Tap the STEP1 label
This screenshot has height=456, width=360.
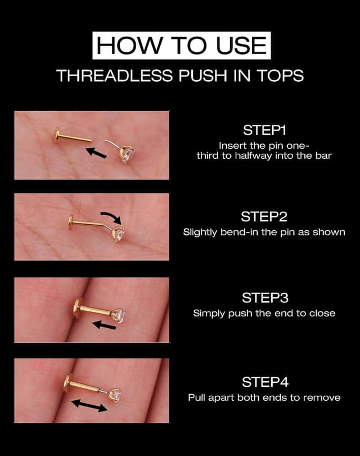pos(264,131)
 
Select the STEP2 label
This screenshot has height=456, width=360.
pos(264,217)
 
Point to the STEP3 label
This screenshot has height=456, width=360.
pos(264,297)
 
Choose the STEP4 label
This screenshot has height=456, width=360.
pos(264,382)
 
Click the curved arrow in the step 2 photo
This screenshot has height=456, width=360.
pos(110,216)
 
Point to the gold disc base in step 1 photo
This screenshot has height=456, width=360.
pos(56,136)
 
